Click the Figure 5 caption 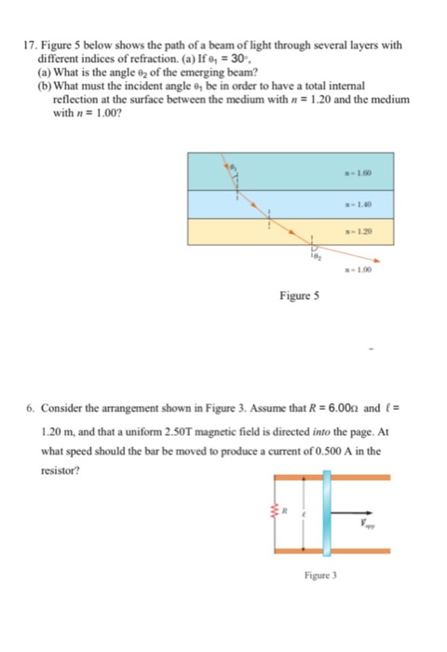[299, 298]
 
